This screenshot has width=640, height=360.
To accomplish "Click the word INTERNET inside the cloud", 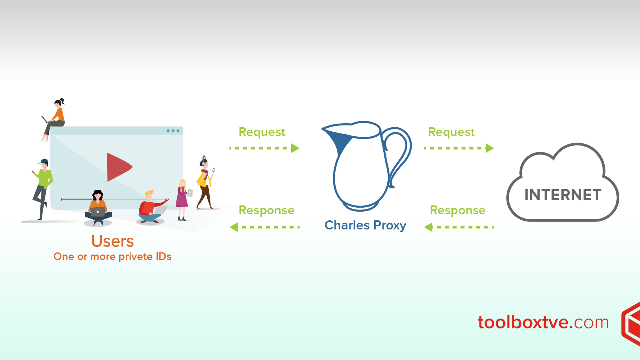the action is click(x=563, y=195).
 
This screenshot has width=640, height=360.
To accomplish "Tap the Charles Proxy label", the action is click(x=365, y=225).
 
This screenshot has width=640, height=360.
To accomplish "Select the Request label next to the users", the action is click(x=262, y=132).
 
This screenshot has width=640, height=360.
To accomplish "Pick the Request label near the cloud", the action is click(x=451, y=132).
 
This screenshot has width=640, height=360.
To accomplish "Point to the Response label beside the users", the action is click(x=267, y=210).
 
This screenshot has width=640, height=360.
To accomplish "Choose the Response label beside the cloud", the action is click(x=457, y=210).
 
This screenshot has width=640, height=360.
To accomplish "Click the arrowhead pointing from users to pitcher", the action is click(x=295, y=148).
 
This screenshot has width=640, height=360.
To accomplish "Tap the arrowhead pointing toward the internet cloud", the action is click(x=490, y=148).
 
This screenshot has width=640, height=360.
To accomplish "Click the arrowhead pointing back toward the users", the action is click(x=234, y=227).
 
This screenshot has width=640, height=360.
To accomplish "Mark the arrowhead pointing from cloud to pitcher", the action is click(x=428, y=227).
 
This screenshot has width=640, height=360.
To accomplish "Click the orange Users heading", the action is click(x=113, y=241).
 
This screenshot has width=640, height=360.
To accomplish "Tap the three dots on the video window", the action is click(x=173, y=131).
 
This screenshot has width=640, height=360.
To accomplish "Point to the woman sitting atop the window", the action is click(x=53, y=119).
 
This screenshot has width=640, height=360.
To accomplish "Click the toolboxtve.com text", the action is click(x=543, y=322).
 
